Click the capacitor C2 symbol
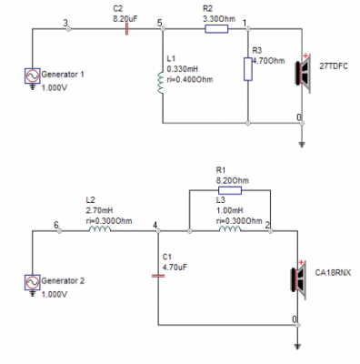[x=126, y=29]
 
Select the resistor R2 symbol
[x=216, y=29]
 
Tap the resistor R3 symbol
[x=248, y=69]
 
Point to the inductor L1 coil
[x=161, y=83]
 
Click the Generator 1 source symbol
[x=33, y=76]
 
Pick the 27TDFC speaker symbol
[x=303, y=74]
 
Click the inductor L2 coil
[x=100, y=229]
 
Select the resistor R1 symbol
[x=230, y=190]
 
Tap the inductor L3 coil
[x=230, y=229]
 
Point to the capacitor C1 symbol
[x=158, y=276]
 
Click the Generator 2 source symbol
[x=33, y=282]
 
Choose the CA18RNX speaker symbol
[x=299, y=280]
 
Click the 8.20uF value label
[x=125, y=19]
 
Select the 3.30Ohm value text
[x=219, y=19]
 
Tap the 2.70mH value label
[x=99, y=210]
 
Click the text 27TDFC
[x=334, y=66]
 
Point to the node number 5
[x=160, y=23]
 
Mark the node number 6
[x=56, y=225]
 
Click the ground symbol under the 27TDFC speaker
[x=302, y=145]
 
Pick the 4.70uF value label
[x=175, y=268]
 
